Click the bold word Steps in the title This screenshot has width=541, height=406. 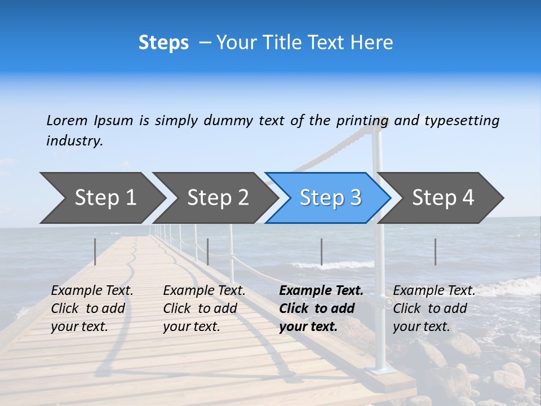pyautogui.click(x=163, y=43)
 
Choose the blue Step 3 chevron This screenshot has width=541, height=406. pyautogui.click(x=330, y=197)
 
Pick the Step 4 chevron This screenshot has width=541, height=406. pyautogui.click(x=443, y=197)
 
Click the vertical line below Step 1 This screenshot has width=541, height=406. pyautogui.click(x=95, y=251)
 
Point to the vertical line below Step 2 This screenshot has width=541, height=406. pyautogui.click(x=208, y=251)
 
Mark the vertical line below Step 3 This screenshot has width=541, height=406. pyautogui.click(x=321, y=251)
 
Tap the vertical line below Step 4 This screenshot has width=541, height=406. pyautogui.click(x=435, y=251)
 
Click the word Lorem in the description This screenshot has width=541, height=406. pyautogui.click(x=67, y=121)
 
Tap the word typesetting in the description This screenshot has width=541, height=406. pyautogui.click(x=462, y=121)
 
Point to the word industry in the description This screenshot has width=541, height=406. pyautogui.click(x=74, y=141)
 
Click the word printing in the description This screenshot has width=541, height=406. pyautogui.click(x=362, y=121)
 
